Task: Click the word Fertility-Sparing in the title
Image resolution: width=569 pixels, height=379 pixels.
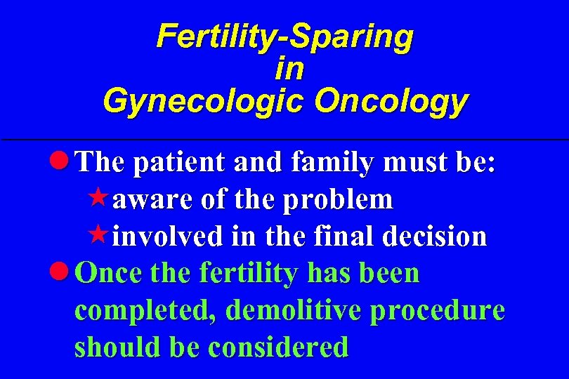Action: point(284,36)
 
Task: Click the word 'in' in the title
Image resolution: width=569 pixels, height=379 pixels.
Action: point(289,69)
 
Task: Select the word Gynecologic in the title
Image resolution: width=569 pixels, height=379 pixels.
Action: point(204,100)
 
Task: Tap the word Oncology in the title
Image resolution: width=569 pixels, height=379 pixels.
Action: point(391,100)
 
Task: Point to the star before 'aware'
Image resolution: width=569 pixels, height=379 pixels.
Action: point(101,199)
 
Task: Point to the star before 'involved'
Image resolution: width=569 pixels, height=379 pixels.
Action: point(101,235)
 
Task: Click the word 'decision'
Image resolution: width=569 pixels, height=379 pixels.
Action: point(435,237)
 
